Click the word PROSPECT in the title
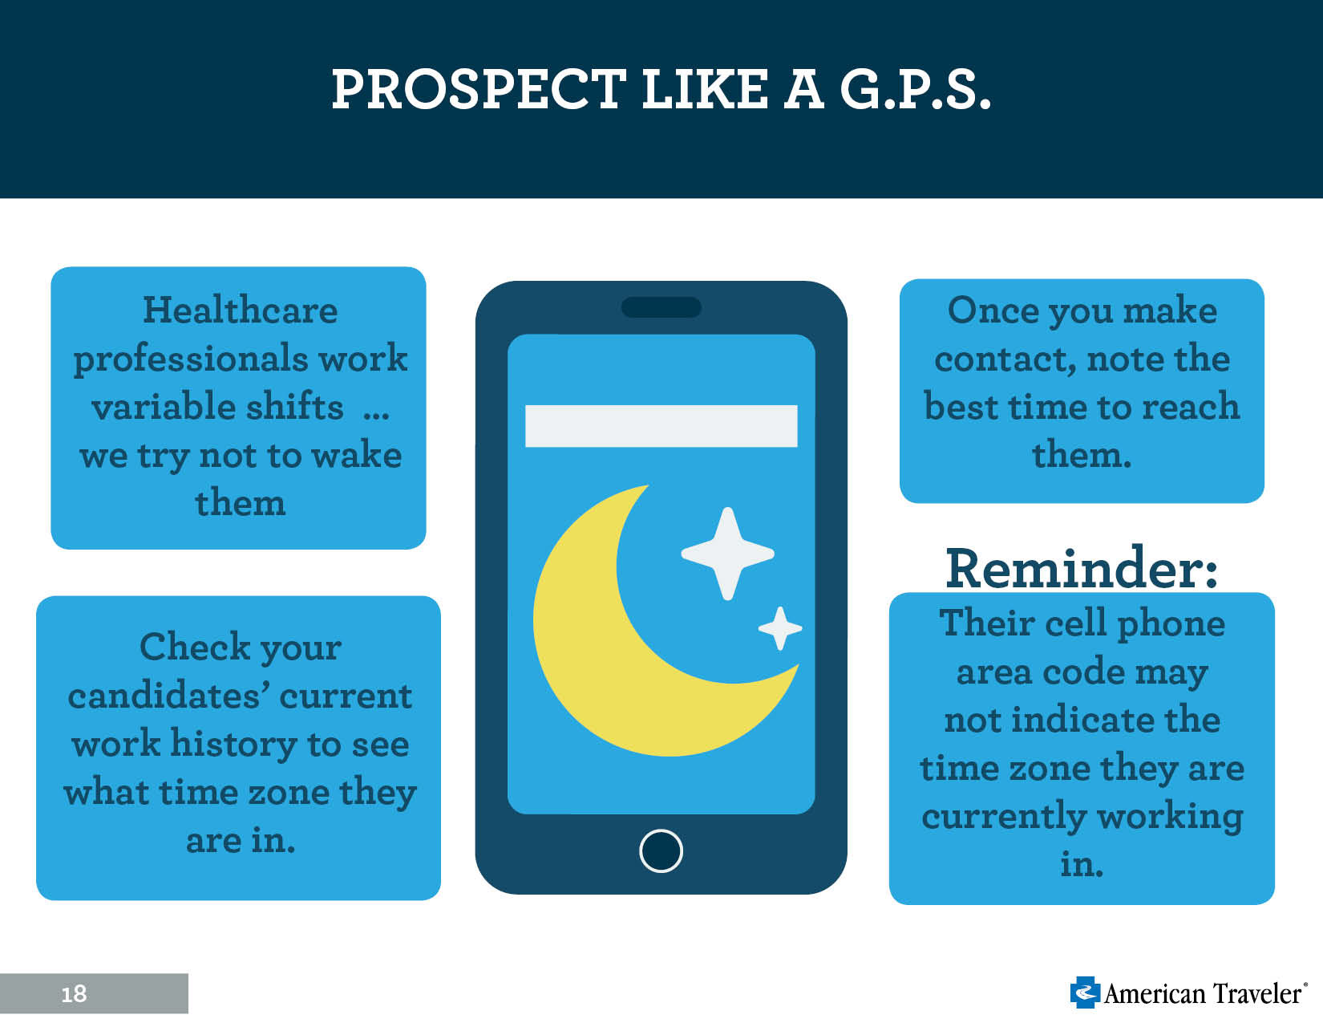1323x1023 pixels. [x=479, y=89]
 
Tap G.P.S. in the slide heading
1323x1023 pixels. [x=915, y=89]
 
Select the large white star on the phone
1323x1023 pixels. [x=727, y=554]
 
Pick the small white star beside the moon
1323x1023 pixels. [x=780, y=628]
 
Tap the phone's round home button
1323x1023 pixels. [x=661, y=851]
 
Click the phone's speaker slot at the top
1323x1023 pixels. [x=661, y=307]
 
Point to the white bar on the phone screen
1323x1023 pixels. [x=661, y=426]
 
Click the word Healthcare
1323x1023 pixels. [x=240, y=311]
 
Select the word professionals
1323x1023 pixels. [x=191, y=359]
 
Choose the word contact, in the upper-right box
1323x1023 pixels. [x=1005, y=359]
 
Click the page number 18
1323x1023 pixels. [x=75, y=994]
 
